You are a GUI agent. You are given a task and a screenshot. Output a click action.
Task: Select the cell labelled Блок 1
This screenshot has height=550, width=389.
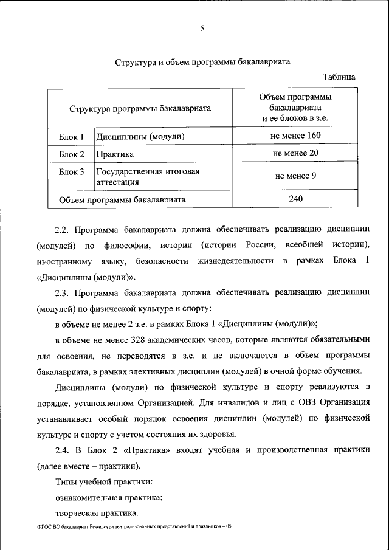71,136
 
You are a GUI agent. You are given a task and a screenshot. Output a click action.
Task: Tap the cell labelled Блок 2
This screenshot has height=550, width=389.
71,154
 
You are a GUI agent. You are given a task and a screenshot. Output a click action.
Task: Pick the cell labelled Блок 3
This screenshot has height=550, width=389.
71,172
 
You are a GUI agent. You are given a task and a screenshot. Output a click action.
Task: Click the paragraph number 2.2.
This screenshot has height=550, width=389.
63,230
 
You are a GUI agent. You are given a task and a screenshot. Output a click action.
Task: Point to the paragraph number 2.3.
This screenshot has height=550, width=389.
63,292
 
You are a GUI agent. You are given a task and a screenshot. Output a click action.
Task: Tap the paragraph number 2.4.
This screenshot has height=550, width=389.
63,449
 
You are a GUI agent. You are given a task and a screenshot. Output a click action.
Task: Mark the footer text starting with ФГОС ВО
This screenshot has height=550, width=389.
134,527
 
